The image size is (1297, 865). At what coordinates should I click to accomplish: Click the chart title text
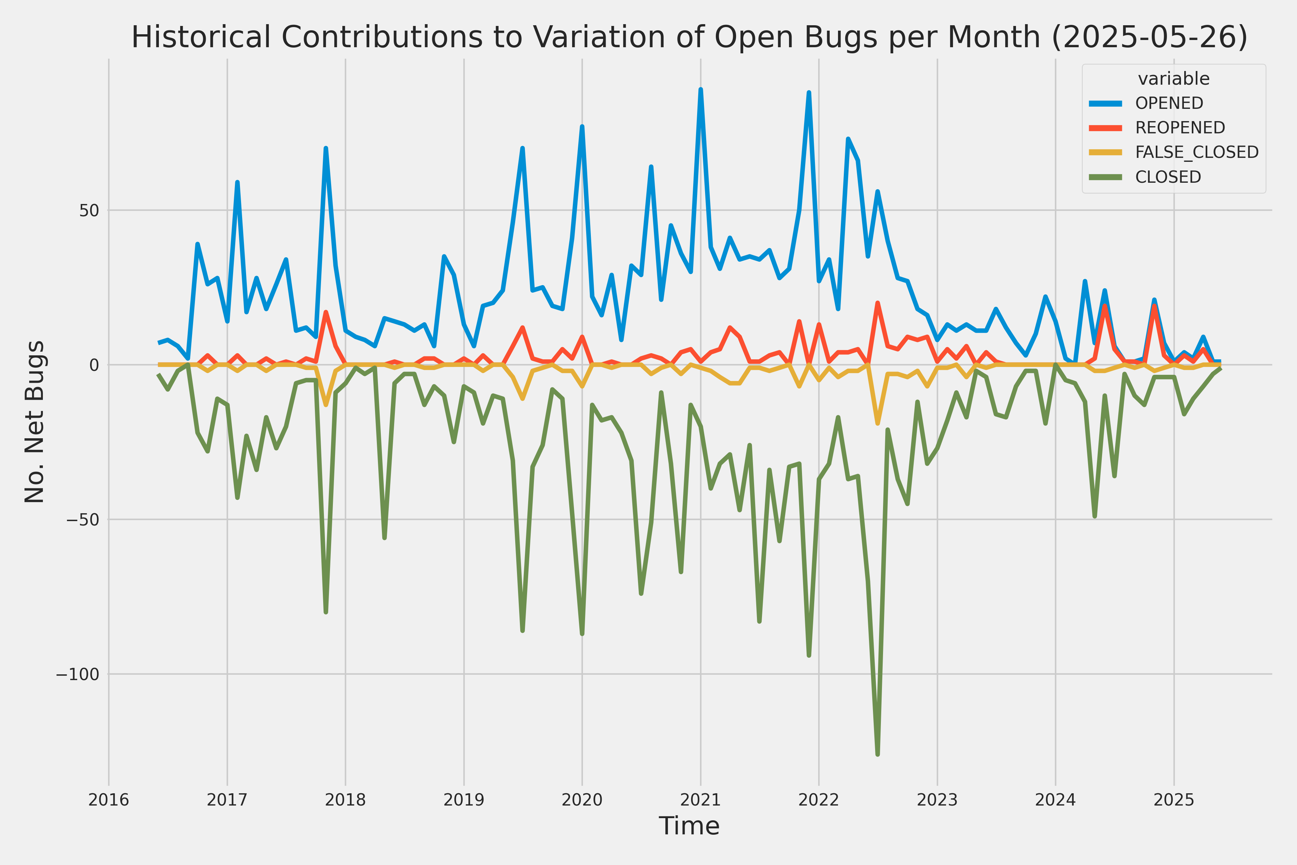[x=689, y=37]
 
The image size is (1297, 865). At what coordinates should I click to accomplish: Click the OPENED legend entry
[x=1169, y=103]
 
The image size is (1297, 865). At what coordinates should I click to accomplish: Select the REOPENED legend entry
[x=1180, y=128]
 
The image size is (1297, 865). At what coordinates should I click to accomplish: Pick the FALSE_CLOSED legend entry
[x=1196, y=152]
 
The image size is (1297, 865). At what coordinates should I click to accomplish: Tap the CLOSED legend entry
[x=1168, y=177]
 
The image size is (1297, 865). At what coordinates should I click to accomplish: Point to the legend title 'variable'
[x=1173, y=79]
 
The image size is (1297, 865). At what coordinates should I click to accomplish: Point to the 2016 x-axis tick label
[x=109, y=800]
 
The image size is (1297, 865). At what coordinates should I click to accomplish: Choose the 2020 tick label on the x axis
[x=582, y=800]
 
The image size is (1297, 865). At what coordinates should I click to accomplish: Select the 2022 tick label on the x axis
[x=819, y=800]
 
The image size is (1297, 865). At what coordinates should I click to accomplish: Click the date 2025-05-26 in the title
[x=1150, y=37]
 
